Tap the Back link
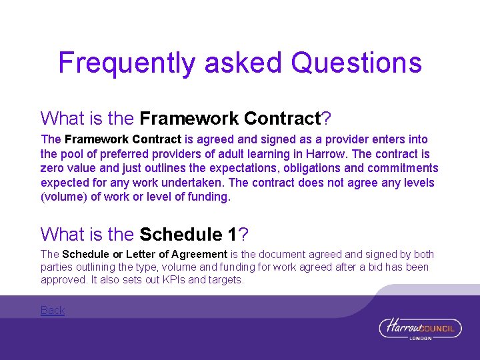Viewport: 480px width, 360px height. coord(53,310)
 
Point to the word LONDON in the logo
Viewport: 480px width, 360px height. coord(420,338)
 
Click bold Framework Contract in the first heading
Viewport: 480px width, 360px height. coord(231,119)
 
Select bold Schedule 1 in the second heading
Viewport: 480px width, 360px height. coord(189,235)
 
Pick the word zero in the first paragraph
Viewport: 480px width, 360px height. coord(52,168)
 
